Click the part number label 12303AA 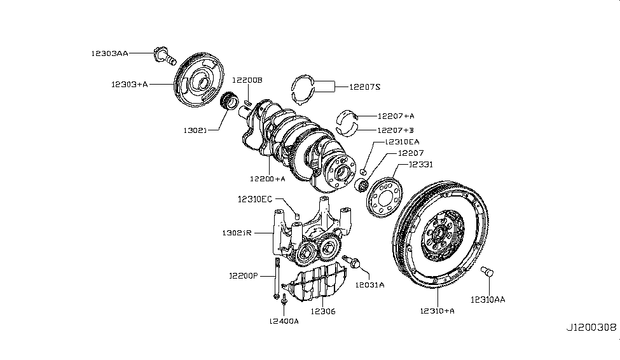pyautogui.click(x=109, y=54)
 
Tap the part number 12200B pyautogui.click(x=247, y=80)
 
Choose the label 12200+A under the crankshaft pyautogui.click(x=267, y=179)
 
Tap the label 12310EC pyautogui.click(x=255, y=199)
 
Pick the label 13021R pyautogui.click(x=238, y=233)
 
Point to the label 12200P pyautogui.click(x=244, y=276)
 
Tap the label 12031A pyautogui.click(x=370, y=285)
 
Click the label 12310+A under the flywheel pyautogui.click(x=437, y=311)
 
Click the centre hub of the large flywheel pyautogui.click(x=439, y=238)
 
